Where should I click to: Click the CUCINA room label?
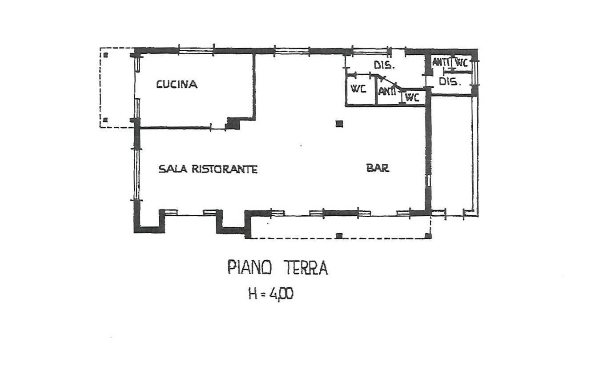pyautogui.click(x=177, y=85)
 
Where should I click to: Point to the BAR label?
pyautogui.click(x=378, y=168)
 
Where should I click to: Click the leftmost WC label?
pyautogui.click(x=358, y=89)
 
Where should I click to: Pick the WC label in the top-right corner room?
pyautogui.click(x=462, y=63)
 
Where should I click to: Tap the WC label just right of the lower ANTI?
pyautogui.click(x=412, y=97)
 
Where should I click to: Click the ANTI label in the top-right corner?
pyautogui.click(x=441, y=62)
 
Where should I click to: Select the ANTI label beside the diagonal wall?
pyautogui.click(x=387, y=92)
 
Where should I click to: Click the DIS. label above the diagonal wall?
pyautogui.click(x=384, y=65)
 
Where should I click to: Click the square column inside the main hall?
pyautogui.click(x=339, y=124)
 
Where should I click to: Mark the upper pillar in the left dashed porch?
pyautogui.click(x=106, y=55)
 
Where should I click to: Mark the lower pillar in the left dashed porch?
pyautogui.click(x=106, y=120)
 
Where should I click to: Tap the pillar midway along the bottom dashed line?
pyautogui.click(x=339, y=236)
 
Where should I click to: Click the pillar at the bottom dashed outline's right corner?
pyautogui.click(x=428, y=236)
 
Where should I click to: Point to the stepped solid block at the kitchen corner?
pyautogui.click(x=233, y=124)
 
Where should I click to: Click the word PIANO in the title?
pyautogui.click(x=249, y=267)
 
